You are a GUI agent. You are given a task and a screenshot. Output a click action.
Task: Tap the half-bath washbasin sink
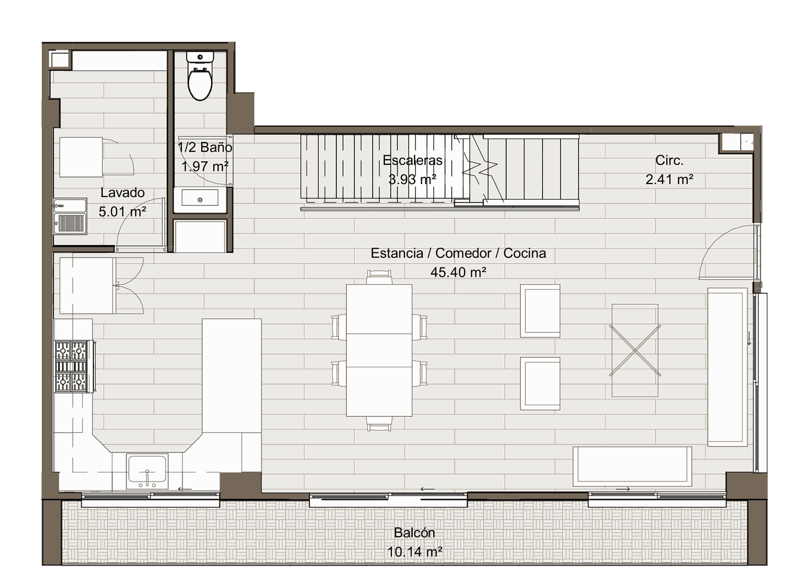tap(200, 198)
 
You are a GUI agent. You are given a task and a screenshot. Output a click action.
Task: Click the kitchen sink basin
tap(147, 472)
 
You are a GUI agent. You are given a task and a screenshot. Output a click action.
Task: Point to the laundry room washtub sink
tap(70, 216)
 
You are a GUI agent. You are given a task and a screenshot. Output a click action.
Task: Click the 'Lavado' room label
tap(122, 193)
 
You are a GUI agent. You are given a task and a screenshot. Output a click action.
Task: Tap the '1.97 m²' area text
tap(205, 166)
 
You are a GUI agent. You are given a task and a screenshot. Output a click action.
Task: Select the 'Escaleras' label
tap(413, 160)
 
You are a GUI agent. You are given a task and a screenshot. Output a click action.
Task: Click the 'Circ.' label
tap(669, 160)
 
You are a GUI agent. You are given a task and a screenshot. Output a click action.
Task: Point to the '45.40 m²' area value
tap(458, 272)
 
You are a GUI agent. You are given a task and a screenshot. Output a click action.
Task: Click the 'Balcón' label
tap(414, 533)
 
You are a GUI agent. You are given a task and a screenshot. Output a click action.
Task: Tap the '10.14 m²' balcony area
tap(415, 552)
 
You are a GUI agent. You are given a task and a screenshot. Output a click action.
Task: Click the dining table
tap(379, 350)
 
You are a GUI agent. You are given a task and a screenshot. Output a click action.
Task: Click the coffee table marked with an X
tap(635, 350)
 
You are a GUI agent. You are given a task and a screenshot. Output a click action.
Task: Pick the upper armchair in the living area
tap(540, 311)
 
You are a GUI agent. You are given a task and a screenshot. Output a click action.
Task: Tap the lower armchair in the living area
tap(540, 383)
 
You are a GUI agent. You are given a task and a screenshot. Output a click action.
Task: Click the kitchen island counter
tap(232, 376)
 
